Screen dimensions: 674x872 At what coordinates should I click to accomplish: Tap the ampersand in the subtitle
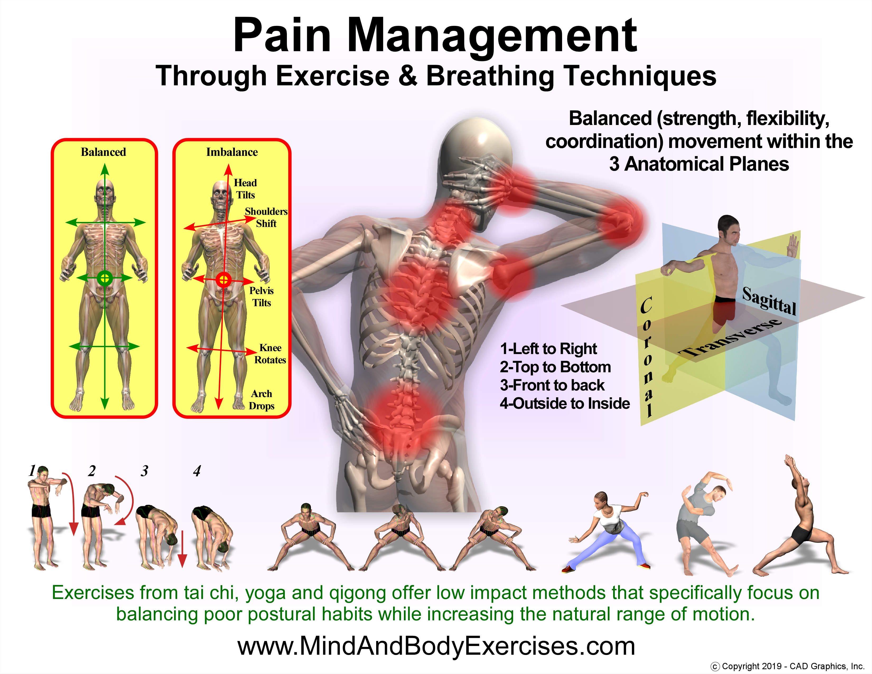click(x=408, y=76)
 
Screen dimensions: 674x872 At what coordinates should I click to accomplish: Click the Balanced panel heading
click(x=103, y=152)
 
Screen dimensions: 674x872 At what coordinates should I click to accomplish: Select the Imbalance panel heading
click(x=232, y=152)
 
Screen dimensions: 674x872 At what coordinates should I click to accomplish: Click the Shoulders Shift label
click(x=266, y=217)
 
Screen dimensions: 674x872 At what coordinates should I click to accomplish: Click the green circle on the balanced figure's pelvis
click(x=105, y=278)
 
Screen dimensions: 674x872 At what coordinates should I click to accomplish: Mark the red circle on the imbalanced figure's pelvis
click(x=223, y=280)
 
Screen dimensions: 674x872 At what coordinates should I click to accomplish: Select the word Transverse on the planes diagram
click(x=731, y=337)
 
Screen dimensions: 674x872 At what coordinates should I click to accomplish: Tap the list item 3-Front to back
click(x=552, y=385)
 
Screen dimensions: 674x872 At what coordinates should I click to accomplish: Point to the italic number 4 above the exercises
click(x=197, y=471)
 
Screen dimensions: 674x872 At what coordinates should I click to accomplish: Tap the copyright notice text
click(x=787, y=666)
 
